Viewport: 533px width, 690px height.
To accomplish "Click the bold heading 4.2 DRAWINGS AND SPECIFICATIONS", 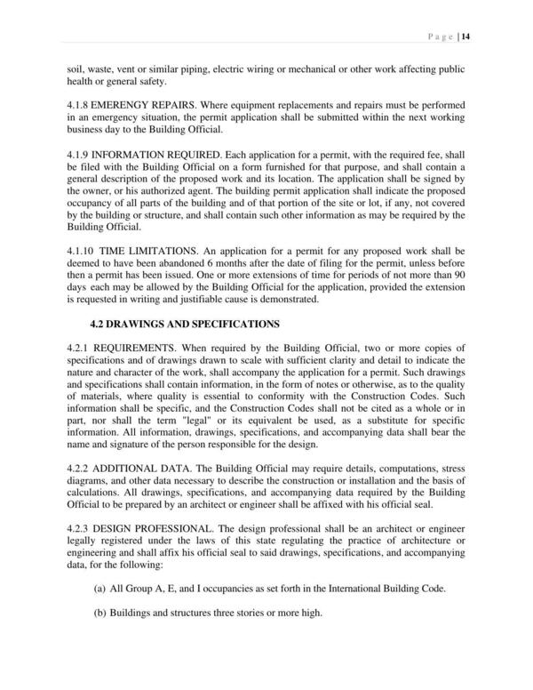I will (185, 323).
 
